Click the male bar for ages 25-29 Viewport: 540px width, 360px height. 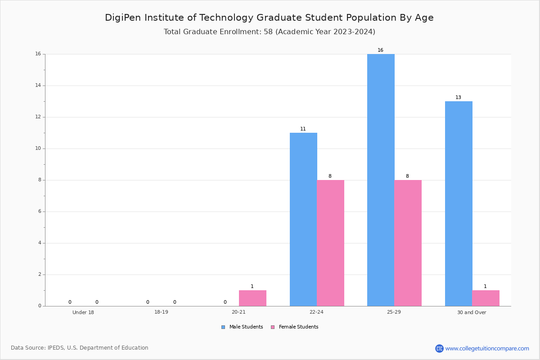tap(381, 180)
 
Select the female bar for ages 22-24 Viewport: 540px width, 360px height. tap(330, 243)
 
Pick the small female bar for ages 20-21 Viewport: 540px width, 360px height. tap(252, 298)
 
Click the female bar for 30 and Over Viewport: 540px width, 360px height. tap(486, 298)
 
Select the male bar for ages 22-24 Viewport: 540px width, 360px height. tap(303, 219)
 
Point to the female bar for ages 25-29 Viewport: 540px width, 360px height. tap(408, 243)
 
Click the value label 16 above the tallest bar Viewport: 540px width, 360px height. tap(381, 50)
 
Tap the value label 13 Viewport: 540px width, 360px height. tap(458, 98)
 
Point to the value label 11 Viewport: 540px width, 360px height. tap(303, 129)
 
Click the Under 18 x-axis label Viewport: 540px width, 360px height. tap(83, 312)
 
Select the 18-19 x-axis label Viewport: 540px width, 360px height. tap(161, 312)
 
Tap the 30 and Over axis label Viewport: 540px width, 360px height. tap(472, 312)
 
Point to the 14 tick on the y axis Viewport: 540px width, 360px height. tap(38, 85)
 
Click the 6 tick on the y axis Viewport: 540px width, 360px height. tap(40, 211)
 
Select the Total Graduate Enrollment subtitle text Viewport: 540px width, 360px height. tap(269, 32)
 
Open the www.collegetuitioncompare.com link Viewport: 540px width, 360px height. tap(487, 348)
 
